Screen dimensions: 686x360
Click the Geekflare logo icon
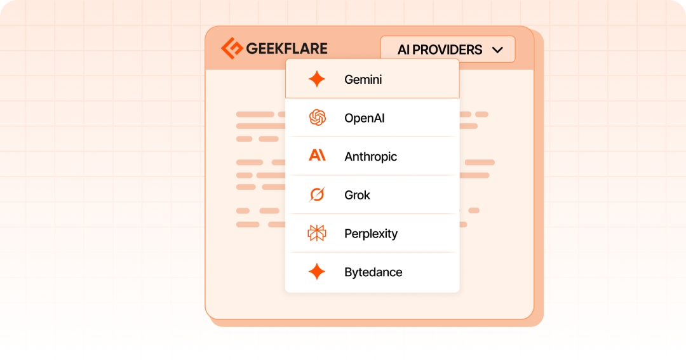pyautogui.click(x=232, y=48)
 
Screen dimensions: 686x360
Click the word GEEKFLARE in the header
pyautogui.click(x=286, y=48)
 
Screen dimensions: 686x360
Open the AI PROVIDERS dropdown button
pyautogui.click(x=448, y=50)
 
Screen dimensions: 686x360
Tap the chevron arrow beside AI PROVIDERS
pyautogui.click(x=497, y=50)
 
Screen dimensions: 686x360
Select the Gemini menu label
pyautogui.click(x=363, y=79)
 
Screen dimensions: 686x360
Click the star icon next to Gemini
pyautogui.click(x=317, y=79)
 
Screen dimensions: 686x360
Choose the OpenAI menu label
pyautogui.click(x=365, y=118)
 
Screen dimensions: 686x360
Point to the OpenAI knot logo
pyautogui.click(x=317, y=117)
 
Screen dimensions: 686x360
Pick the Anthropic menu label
pyautogui.click(x=370, y=157)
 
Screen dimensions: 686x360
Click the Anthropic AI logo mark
pyautogui.click(x=317, y=156)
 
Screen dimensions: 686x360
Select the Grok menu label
pyautogui.click(x=357, y=195)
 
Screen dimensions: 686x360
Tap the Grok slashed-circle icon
pyautogui.click(x=317, y=194)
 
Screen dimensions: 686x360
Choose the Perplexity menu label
pyautogui.click(x=371, y=234)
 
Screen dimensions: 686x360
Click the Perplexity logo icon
pyautogui.click(x=317, y=233)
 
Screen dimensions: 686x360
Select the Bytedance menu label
pyautogui.click(x=373, y=272)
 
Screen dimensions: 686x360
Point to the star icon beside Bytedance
pyautogui.click(x=317, y=272)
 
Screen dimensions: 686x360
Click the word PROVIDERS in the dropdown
pyautogui.click(x=447, y=50)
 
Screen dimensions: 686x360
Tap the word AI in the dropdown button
pyautogui.click(x=403, y=50)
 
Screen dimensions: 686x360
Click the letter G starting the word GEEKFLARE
pyautogui.click(x=252, y=48)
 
